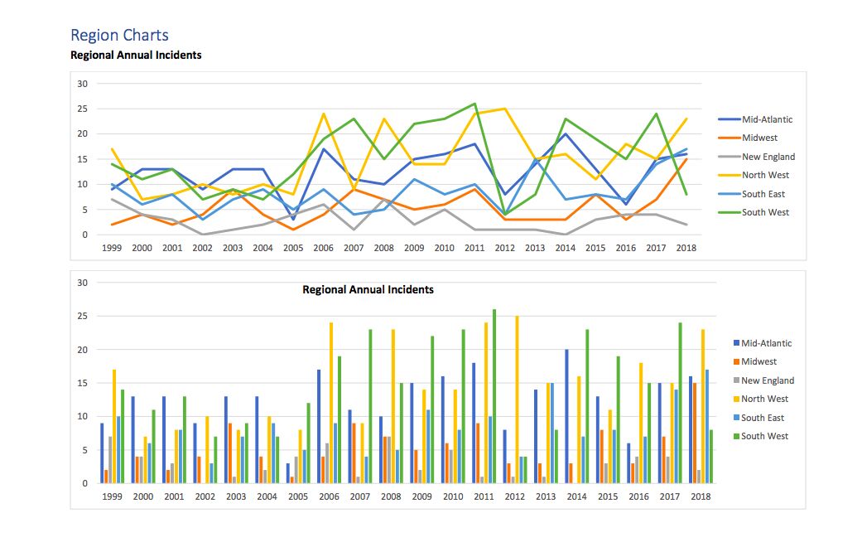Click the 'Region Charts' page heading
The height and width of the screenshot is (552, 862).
(119, 35)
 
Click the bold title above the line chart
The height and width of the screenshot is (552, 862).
(136, 56)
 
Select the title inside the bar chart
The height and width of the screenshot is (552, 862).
(368, 290)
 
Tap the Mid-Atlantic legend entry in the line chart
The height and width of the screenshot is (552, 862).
(767, 119)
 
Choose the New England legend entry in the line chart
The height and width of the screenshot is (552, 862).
(768, 157)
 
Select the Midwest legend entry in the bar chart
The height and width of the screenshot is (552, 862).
(758, 361)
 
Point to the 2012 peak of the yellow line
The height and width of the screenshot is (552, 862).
(504, 109)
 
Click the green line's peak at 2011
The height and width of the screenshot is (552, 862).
(474, 104)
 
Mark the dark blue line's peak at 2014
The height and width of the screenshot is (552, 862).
(566, 134)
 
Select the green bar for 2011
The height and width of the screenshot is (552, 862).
(494, 396)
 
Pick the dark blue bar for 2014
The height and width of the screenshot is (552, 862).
(566, 416)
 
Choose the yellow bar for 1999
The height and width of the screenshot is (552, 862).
(114, 426)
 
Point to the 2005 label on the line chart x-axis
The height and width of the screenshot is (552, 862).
(293, 248)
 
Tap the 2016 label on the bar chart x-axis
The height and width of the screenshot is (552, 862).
(638, 496)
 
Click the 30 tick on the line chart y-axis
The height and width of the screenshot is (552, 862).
(82, 84)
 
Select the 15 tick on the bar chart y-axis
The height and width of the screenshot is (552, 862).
(82, 383)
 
